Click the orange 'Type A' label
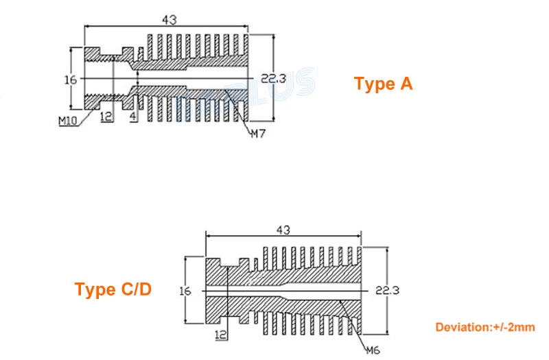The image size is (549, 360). coord(383,84)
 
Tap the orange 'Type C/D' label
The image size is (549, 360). coord(113,289)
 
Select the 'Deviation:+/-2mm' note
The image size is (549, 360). coord(484,328)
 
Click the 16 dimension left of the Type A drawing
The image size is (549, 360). coord(70,80)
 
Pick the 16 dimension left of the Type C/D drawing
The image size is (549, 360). coord(184,291)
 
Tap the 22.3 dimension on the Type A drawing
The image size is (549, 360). coord(273,80)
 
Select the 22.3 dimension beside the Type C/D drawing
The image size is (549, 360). coord(386,291)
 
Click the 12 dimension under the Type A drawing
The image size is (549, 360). coord(106,117)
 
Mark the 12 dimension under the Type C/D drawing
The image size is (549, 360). coord(220,335)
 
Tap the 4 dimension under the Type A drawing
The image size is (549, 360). coord(134,117)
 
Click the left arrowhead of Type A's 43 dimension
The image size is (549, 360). coord(86,27)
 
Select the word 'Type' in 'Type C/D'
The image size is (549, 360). coord(95,290)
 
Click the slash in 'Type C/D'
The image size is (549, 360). coord(137,289)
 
